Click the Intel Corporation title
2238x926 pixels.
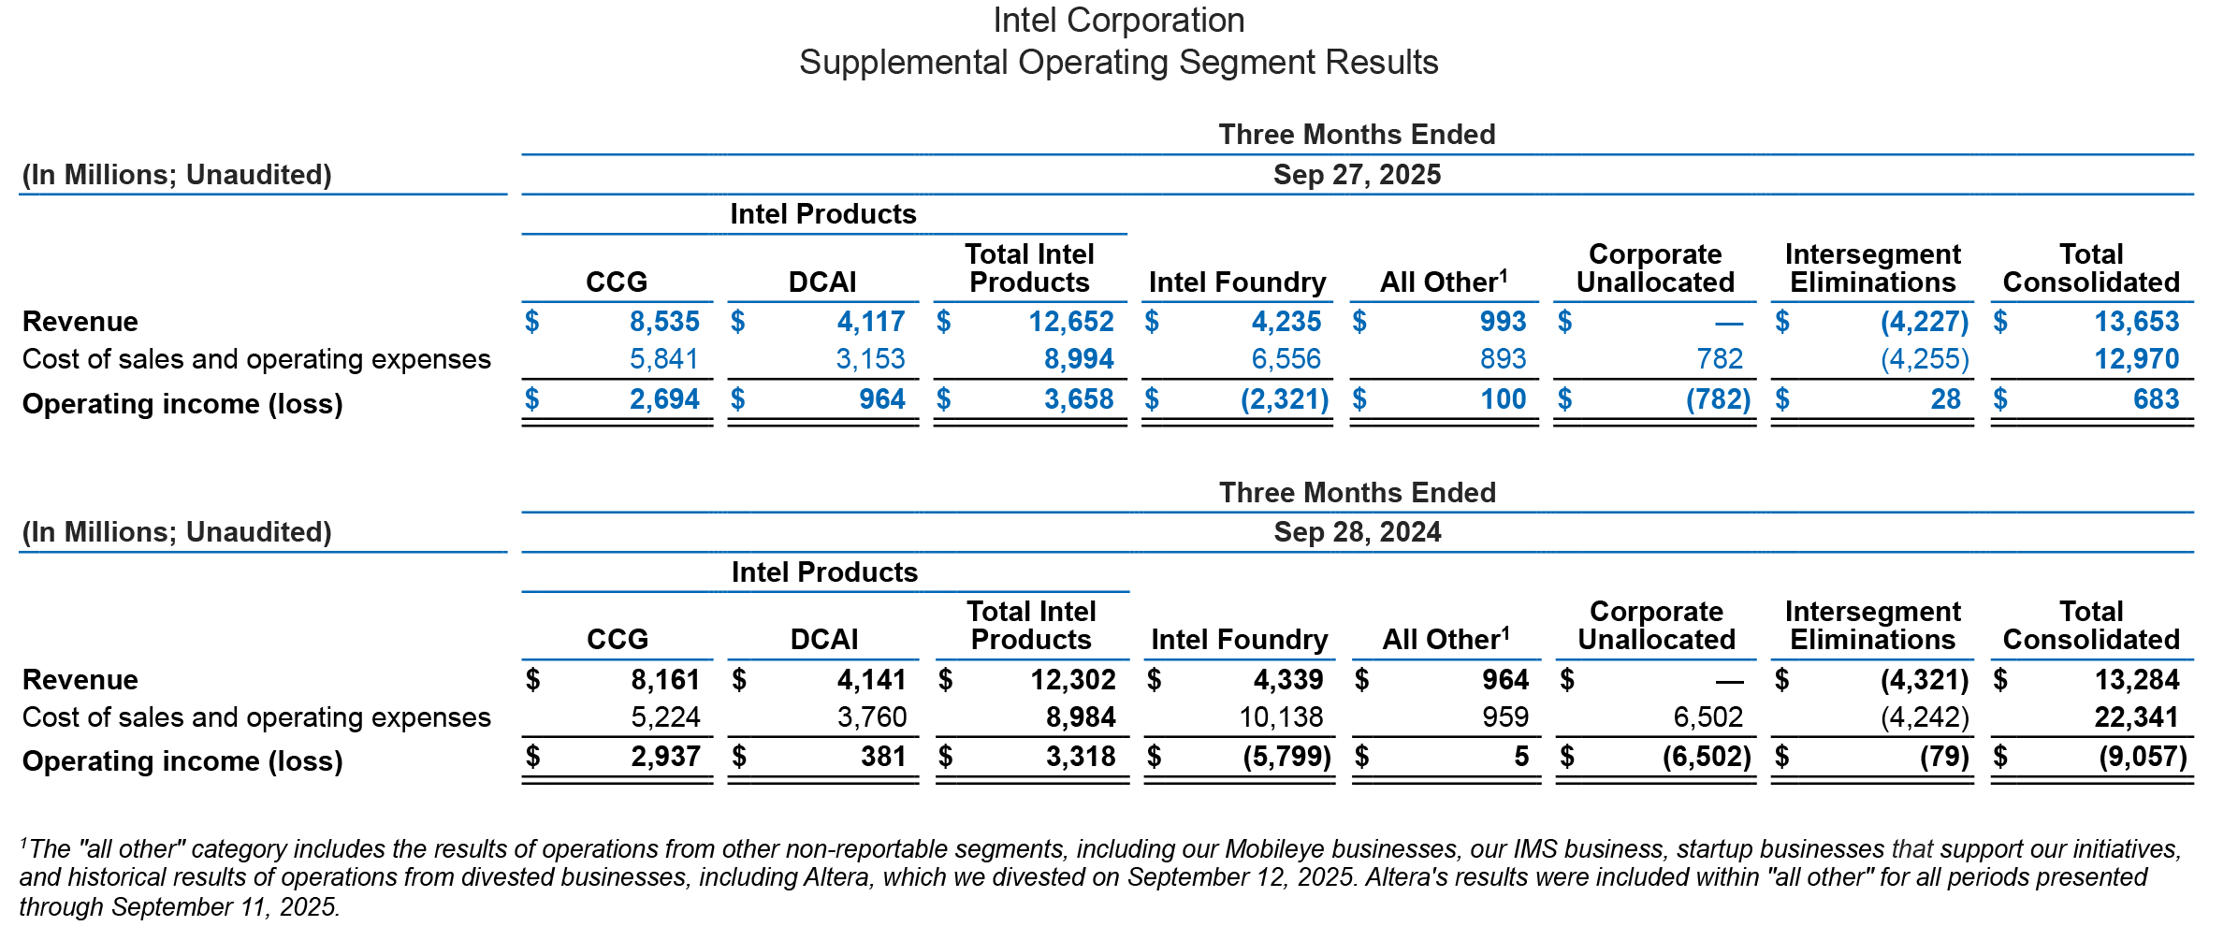click(1118, 21)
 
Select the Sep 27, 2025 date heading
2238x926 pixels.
click(1357, 175)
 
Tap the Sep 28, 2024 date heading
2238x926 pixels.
click(1357, 532)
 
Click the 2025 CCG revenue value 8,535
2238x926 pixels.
click(664, 322)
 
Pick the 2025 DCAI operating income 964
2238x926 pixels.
click(881, 399)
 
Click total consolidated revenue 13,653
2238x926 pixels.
click(2136, 322)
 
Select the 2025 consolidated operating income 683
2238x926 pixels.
click(2156, 399)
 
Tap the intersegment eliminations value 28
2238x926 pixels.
click(1945, 399)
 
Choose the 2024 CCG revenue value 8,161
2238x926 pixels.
click(665, 680)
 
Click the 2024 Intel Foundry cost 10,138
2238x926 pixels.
click(1281, 717)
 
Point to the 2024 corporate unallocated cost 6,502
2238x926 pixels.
click(1708, 717)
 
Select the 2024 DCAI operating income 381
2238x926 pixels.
click(883, 757)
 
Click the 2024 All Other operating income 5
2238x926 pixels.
click(1521, 757)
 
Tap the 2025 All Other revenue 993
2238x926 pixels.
click(1503, 322)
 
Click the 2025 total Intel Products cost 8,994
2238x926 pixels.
click(1079, 359)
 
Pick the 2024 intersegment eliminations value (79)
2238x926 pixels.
click(1944, 757)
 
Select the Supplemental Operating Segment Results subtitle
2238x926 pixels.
click(1118, 63)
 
